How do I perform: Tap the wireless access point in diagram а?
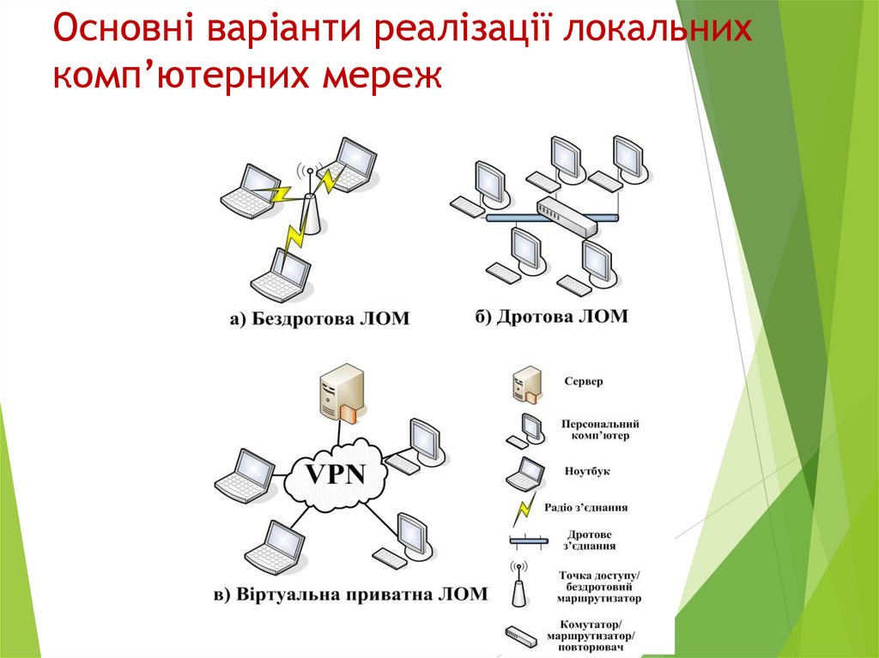click(311, 210)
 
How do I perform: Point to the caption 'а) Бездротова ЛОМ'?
click(319, 319)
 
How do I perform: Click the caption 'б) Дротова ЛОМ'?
click(552, 317)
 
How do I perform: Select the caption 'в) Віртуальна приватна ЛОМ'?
click(349, 594)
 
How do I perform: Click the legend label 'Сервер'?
click(584, 381)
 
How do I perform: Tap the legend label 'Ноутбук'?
click(588, 471)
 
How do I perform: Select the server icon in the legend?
click(526, 383)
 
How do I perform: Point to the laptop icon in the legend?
click(524, 473)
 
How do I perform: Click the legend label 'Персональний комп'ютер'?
click(600, 430)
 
